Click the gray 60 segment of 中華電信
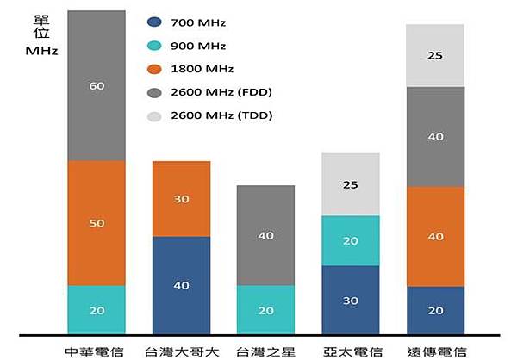[x=97, y=86]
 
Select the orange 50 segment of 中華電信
[x=97, y=223]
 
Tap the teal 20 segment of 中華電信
[x=97, y=309]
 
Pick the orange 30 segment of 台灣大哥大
[x=181, y=199]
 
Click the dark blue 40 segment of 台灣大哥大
[x=181, y=285]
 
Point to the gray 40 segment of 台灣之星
[x=265, y=235]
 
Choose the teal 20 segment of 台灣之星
[x=265, y=309]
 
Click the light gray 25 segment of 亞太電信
[x=350, y=184]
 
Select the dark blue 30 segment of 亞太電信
[x=350, y=300]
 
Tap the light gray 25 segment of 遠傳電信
[x=435, y=56]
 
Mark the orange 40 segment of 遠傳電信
[x=435, y=236]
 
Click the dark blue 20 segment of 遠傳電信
[x=435, y=310]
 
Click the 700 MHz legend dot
[x=155, y=23]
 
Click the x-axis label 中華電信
[x=95, y=351]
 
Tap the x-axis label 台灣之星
[x=265, y=351]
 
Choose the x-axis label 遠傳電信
[x=436, y=351]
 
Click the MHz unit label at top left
[x=42, y=51]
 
